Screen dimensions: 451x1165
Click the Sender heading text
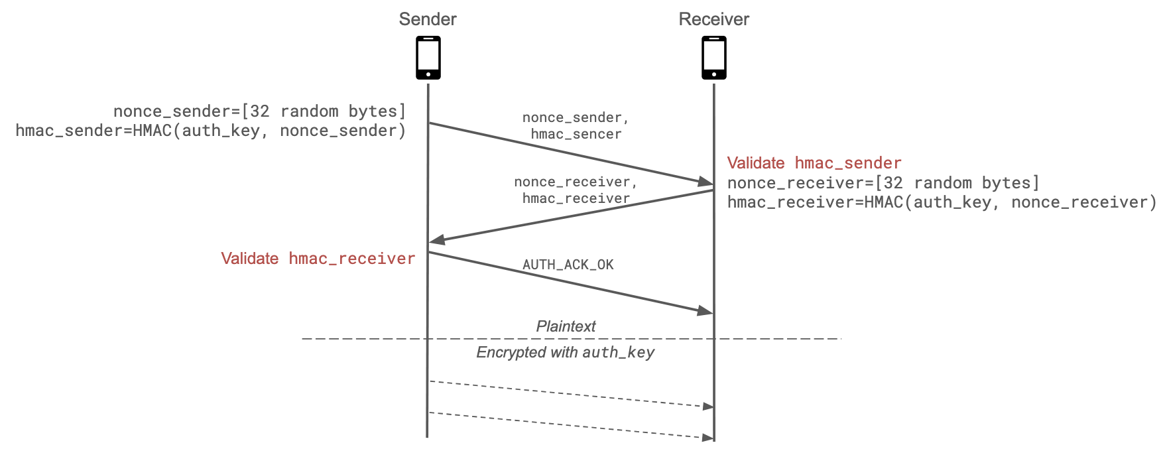pyautogui.click(x=428, y=19)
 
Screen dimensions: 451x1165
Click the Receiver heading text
pyautogui.click(x=713, y=19)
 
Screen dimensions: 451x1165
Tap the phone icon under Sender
pyautogui.click(x=428, y=58)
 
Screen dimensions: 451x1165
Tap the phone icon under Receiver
pyautogui.click(x=714, y=58)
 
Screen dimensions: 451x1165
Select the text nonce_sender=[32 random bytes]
pyautogui.click(x=259, y=111)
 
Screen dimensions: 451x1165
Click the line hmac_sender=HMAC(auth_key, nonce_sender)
pyautogui.click(x=211, y=131)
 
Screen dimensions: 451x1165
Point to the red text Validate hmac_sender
pyautogui.click(x=814, y=163)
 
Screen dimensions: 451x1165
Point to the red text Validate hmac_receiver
pyautogui.click(x=318, y=259)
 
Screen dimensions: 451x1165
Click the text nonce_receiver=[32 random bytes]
pyautogui.click(x=883, y=183)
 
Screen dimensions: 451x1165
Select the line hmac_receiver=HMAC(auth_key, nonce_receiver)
pyautogui.click(x=942, y=202)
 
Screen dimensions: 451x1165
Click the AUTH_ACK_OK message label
pyautogui.click(x=568, y=265)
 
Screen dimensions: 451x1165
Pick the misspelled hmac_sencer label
pyautogui.click(x=576, y=134)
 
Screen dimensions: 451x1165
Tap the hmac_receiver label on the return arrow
pyautogui.click(x=576, y=198)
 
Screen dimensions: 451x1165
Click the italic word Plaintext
pyautogui.click(x=566, y=326)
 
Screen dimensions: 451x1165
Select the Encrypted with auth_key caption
pyautogui.click(x=566, y=352)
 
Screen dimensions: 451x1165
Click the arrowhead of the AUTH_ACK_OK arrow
pyautogui.click(x=705, y=310)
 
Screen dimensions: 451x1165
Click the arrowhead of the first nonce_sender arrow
pyautogui.click(x=705, y=181)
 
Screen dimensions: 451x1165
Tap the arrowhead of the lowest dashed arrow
pyautogui.click(x=708, y=438)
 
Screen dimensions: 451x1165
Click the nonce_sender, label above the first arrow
pyautogui.click(x=576, y=117)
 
